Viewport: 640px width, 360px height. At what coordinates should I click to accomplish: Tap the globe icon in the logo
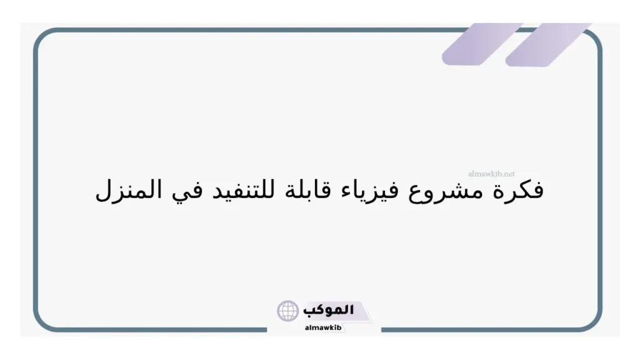[x=288, y=310]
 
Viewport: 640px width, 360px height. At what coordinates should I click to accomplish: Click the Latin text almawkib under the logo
[x=324, y=327]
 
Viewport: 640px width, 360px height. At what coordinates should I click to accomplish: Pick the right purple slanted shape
[x=547, y=45]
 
